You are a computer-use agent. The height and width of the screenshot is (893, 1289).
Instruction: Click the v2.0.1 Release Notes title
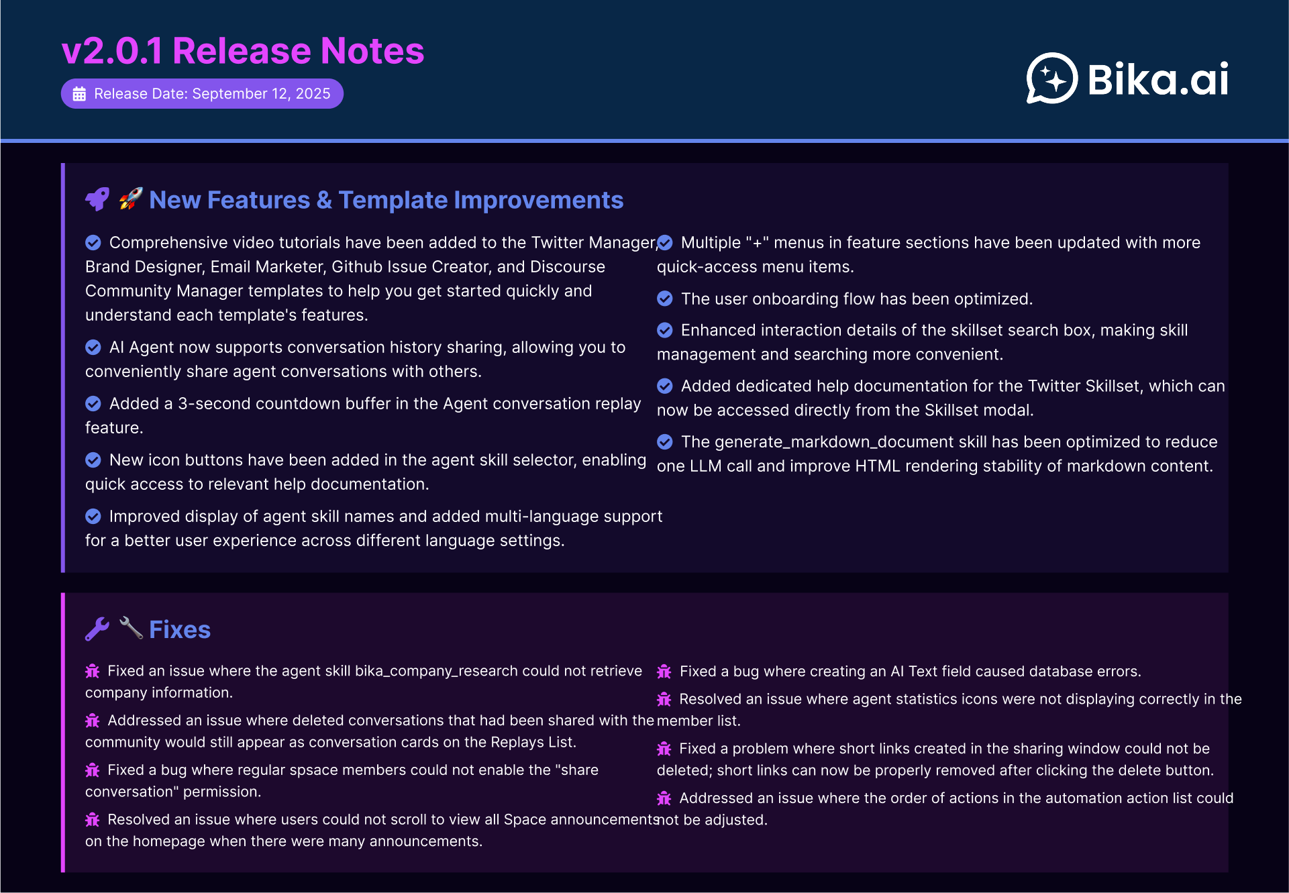[243, 51]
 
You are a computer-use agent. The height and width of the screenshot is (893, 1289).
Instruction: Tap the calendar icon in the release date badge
[79, 94]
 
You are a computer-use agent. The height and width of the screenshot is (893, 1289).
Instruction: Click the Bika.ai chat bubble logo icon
[1051, 78]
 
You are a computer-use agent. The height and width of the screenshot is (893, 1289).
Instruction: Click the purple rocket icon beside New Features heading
[97, 199]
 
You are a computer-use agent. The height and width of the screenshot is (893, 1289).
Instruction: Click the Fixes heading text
[180, 629]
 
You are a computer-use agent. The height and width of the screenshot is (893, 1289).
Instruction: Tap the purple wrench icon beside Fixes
[97, 629]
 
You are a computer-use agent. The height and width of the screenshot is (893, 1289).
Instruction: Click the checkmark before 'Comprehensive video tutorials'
[93, 242]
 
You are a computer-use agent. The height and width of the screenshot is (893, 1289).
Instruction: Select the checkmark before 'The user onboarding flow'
[665, 299]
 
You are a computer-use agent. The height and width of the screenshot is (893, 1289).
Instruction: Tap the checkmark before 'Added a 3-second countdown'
[93, 403]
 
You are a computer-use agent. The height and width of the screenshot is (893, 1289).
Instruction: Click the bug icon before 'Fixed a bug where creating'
[664, 672]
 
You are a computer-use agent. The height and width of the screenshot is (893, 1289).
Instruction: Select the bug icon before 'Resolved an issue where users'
[93, 819]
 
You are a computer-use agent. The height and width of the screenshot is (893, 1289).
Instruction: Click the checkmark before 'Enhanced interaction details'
[665, 330]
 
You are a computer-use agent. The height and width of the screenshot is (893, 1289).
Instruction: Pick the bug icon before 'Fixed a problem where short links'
[664, 749]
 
